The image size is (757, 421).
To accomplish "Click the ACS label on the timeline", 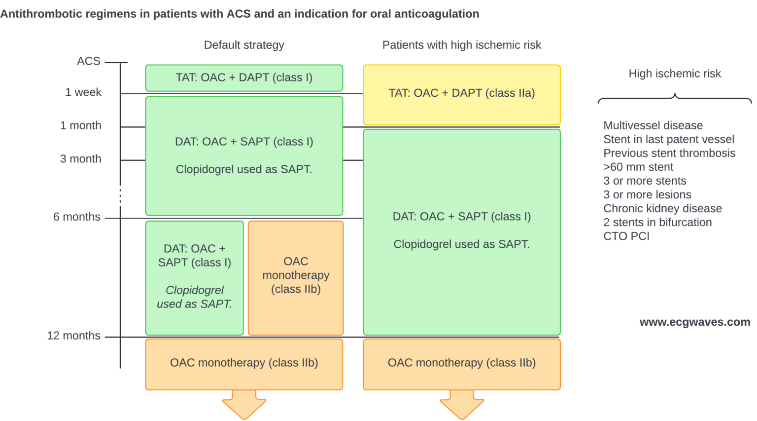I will [x=89, y=61].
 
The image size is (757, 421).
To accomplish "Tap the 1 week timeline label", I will [x=83, y=92].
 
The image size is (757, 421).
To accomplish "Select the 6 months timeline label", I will [x=77, y=217].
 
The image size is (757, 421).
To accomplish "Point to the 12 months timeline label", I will [x=73, y=336].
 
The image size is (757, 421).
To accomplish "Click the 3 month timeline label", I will [x=81, y=159].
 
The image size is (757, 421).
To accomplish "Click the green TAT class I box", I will [x=244, y=78].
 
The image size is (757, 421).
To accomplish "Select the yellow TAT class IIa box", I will [x=462, y=94].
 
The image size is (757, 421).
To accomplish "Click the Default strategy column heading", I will [x=244, y=45].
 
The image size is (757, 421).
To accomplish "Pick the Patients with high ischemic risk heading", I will [x=462, y=45].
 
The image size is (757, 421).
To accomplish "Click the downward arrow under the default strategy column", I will [x=244, y=403].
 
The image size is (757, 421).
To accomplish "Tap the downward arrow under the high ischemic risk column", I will [x=462, y=403].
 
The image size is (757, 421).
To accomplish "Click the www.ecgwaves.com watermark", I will [x=694, y=322].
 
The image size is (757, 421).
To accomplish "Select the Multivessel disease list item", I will [x=653, y=125].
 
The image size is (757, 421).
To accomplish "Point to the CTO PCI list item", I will [x=626, y=236].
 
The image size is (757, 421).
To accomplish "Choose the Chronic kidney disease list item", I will [x=662, y=208].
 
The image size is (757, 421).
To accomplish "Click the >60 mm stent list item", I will [x=638, y=167].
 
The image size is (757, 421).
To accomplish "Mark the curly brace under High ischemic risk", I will [x=675, y=98].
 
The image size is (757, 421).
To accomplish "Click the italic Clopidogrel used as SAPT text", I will [x=195, y=297].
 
